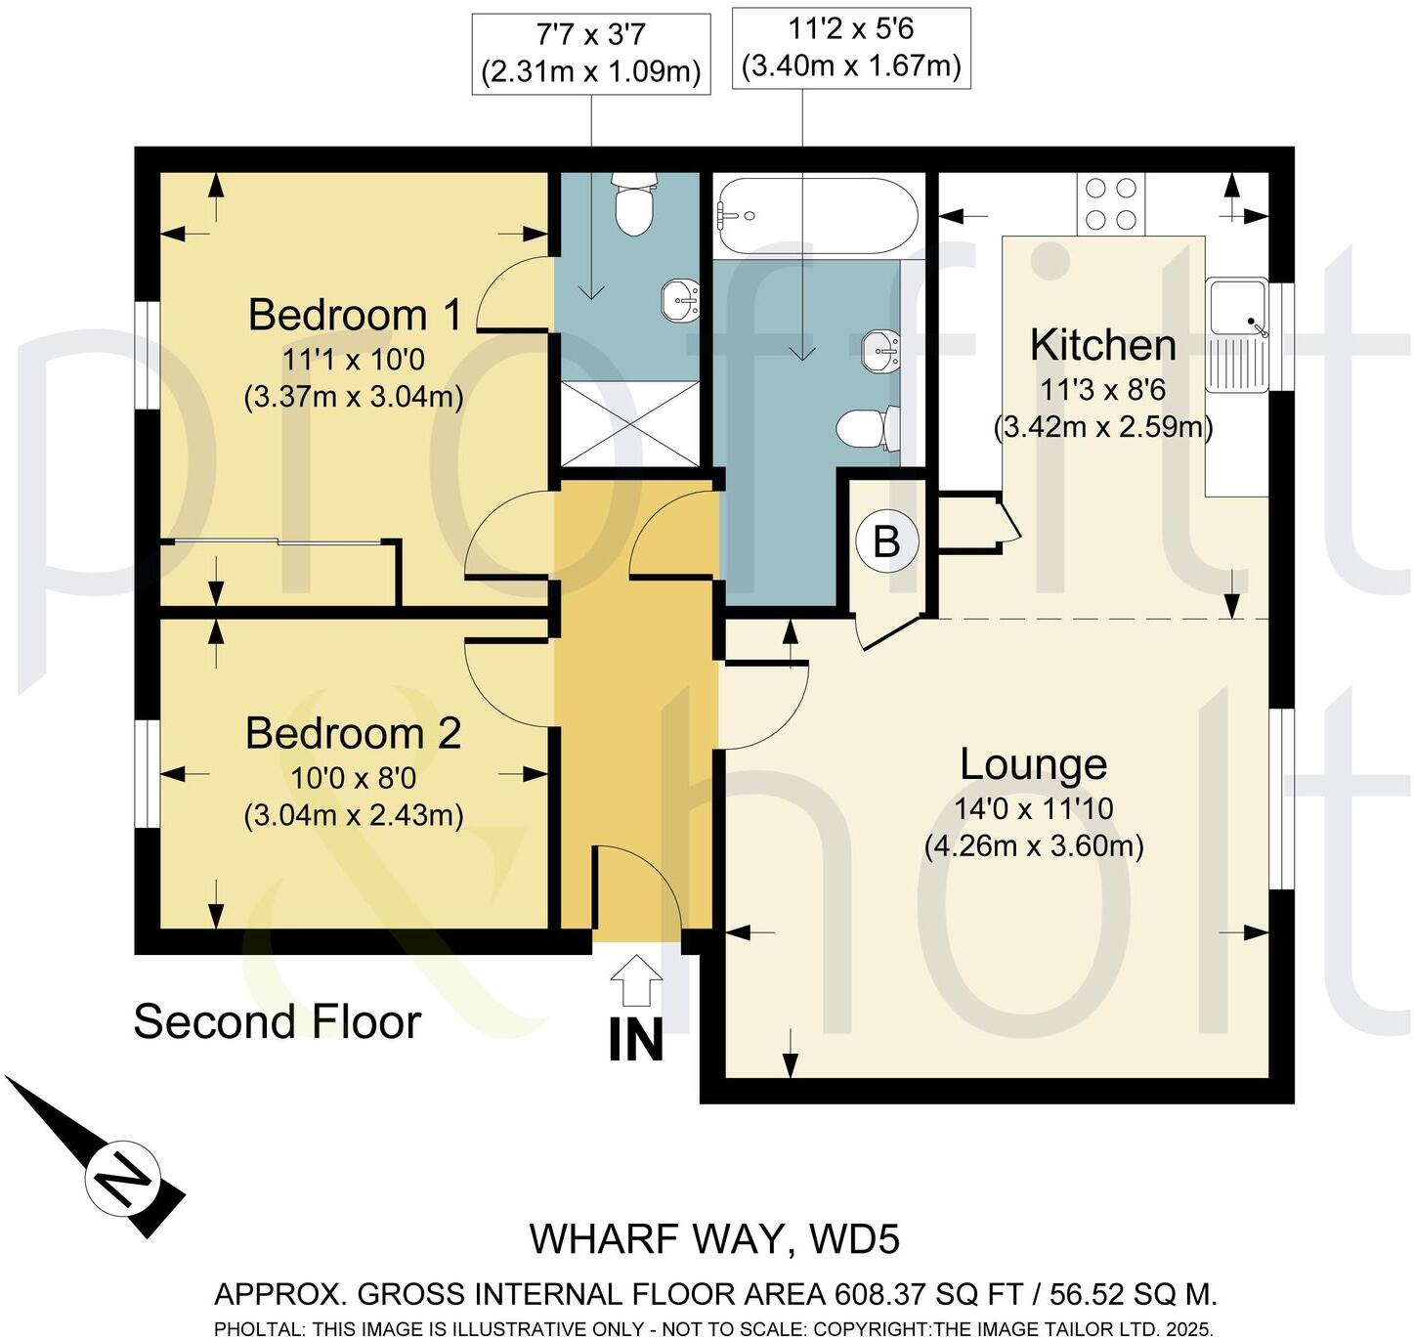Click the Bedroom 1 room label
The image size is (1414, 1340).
click(x=354, y=315)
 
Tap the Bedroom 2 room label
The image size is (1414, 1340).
click(x=353, y=733)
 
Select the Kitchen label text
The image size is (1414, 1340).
click(x=1102, y=345)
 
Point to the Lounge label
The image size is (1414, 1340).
click(x=1033, y=764)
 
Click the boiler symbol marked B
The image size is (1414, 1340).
click(x=886, y=541)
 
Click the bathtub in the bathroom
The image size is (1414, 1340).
click(x=816, y=216)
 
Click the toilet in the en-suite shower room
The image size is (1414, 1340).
click(x=633, y=206)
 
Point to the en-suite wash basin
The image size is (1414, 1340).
click(x=680, y=299)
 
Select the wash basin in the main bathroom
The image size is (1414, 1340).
click(x=880, y=351)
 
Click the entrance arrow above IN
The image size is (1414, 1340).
click(x=635, y=979)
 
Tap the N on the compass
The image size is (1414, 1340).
click(x=122, y=1176)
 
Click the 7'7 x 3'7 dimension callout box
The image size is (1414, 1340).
click(x=591, y=53)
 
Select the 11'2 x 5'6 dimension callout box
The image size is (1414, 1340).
click(x=851, y=48)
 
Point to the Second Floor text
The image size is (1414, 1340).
click(x=277, y=1022)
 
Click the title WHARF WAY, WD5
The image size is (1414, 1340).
click(x=714, y=1239)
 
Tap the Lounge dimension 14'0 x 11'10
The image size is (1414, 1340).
click(x=1033, y=808)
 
